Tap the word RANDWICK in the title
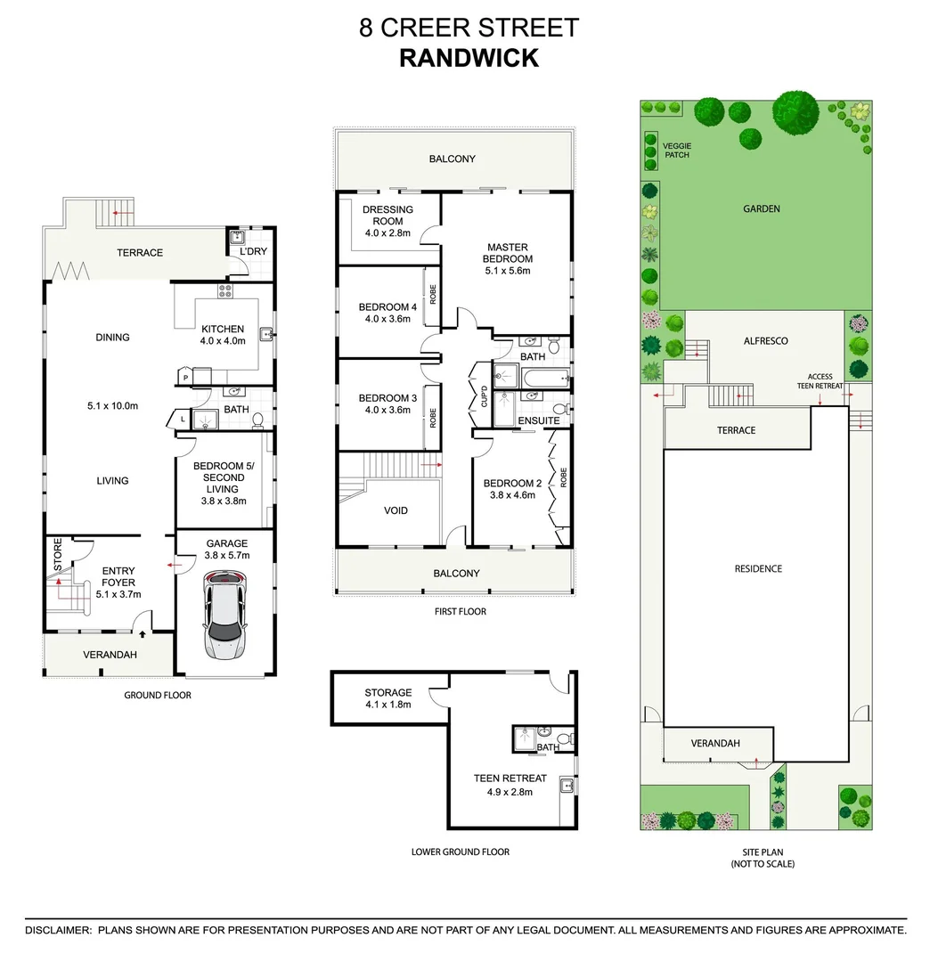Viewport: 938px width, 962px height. (x=469, y=58)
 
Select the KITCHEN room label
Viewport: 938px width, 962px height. (x=223, y=329)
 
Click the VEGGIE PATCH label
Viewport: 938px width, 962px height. (x=676, y=150)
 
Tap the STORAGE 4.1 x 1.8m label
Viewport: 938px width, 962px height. (x=387, y=698)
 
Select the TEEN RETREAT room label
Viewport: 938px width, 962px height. (x=510, y=779)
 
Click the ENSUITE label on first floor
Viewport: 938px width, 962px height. (x=539, y=420)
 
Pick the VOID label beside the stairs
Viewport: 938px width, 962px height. (x=396, y=510)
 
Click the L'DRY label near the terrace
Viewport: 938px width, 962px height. (x=253, y=251)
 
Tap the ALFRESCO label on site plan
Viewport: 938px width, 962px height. (x=765, y=340)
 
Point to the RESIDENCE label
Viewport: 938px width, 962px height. (x=758, y=568)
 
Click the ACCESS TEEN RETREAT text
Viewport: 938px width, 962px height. (x=820, y=381)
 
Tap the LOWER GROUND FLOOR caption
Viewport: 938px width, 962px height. (x=460, y=852)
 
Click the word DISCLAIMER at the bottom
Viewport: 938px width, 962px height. (x=58, y=930)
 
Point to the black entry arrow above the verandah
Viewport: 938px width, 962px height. (x=143, y=633)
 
